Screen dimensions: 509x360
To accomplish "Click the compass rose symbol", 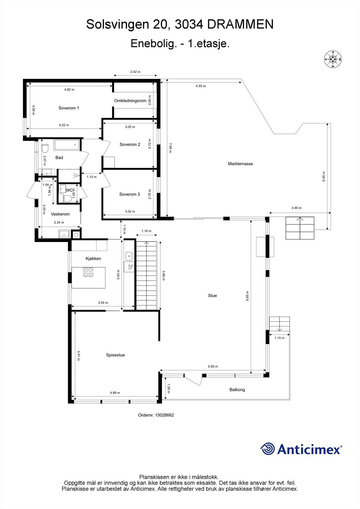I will [333, 59].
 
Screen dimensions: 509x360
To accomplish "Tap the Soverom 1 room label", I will [69, 108].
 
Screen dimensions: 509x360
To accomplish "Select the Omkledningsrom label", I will [130, 101].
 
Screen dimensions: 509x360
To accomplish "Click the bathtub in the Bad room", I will [67, 145].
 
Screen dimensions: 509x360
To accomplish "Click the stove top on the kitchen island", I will [88, 272].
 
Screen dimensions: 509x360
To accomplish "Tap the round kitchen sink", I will [129, 255].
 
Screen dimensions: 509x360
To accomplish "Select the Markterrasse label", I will [240, 164].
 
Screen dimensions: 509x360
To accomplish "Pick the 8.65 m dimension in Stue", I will [247, 296].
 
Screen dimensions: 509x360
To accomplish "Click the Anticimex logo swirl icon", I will [267, 449].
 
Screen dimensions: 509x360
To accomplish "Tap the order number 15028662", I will [164, 415].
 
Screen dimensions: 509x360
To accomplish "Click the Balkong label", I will [237, 390].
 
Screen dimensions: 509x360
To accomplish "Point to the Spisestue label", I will [115, 355].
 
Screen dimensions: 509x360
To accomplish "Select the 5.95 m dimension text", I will [213, 366].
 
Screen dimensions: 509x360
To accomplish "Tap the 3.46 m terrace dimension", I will [296, 208].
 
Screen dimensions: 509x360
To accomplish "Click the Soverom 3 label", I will [130, 194].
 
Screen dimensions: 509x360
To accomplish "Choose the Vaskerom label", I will [60, 214].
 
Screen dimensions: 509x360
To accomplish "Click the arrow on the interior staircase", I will [147, 243].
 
